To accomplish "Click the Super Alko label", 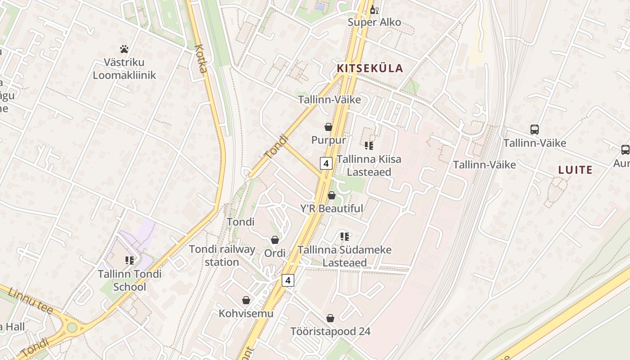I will coord(374,22).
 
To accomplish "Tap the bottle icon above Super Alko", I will coord(373,9).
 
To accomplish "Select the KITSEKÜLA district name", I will coord(370,68).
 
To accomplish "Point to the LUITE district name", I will coord(575,170).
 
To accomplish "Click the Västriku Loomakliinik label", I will coord(124,68).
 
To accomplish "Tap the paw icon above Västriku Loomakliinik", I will coord(124,49).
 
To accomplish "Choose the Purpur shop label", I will coord(328,140).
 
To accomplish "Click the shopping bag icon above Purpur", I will coord(328,127).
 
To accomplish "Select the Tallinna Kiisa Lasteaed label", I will coord(369,166).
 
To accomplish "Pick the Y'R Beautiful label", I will coord(332,208).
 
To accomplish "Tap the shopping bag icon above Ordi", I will coord(275,240).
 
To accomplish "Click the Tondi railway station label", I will coord(222,256).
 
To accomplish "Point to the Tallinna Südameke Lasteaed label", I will coord(345,256).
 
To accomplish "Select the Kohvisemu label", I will coord(246,313).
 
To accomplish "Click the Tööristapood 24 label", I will coord(330,332).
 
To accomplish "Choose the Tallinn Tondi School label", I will coord(130,280).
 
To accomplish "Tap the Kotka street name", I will coord(202,58).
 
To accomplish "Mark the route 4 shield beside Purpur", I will coord(326,163).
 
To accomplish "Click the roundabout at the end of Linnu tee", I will coord(72,327).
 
